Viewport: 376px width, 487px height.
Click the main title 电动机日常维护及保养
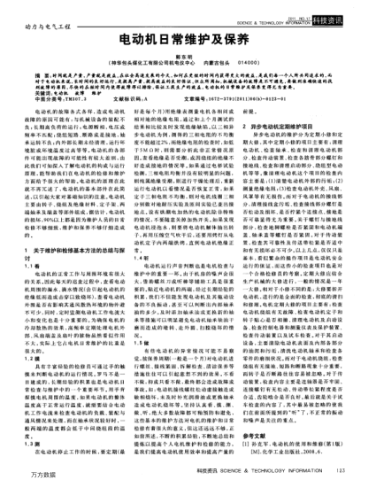188,42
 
